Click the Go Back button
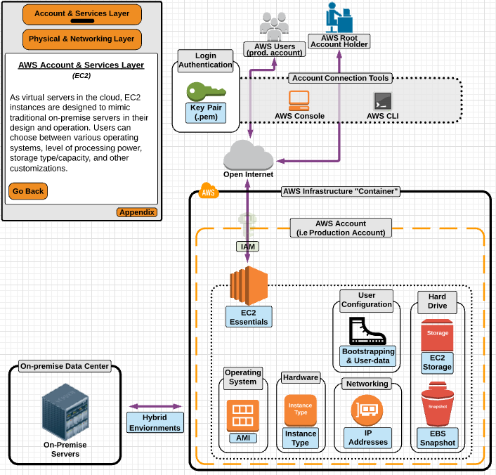(x=28, y=191)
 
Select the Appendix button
(x=136, y=212)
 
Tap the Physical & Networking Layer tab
(x=82, y=39)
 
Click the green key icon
(x=206, y=91)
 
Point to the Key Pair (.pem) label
(x=206, y=112)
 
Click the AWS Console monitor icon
(x=299, y=100)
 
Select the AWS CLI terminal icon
(x=383, y=100)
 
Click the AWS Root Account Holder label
(x=339, y=41)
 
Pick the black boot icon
(x=367, y=331)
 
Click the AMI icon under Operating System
(x=242, y=415)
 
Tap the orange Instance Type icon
(x=300, y=410)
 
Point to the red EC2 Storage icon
(x=438, y=335)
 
